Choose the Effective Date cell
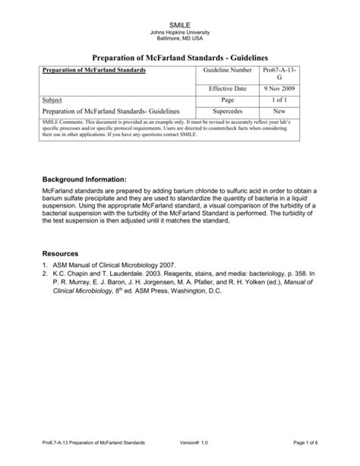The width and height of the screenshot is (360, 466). tap(229, 89)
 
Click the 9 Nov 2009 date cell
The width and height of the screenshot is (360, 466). tap(276, 89)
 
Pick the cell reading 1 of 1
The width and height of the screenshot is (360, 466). tap(276, 100)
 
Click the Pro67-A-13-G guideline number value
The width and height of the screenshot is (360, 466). tap(276, 74)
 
